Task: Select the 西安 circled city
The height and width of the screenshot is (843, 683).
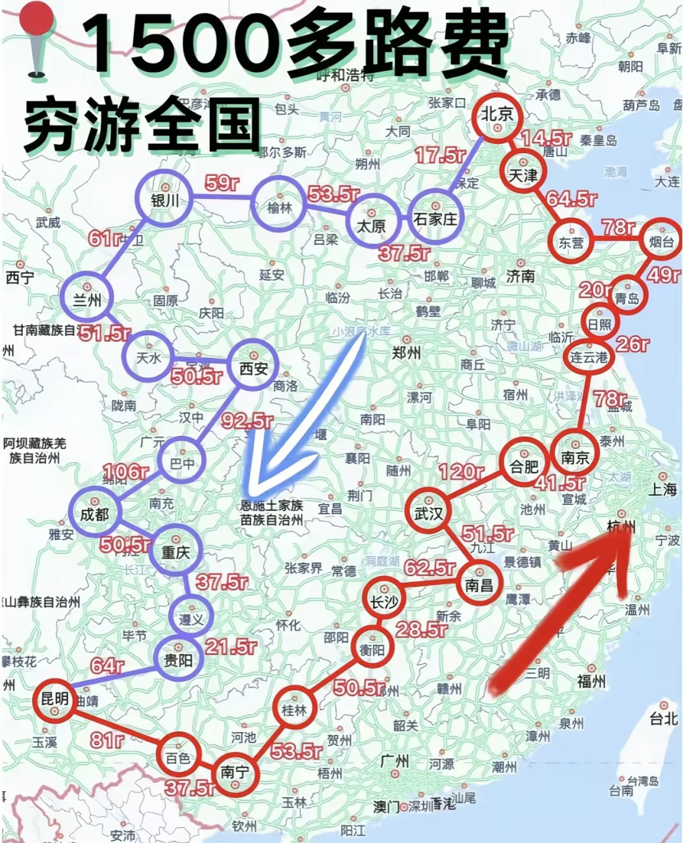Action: (x=254, y=367)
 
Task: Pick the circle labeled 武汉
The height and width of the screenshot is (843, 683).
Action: (x=429, y=513)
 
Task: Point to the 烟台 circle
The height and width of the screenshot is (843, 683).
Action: (x=661, y=241)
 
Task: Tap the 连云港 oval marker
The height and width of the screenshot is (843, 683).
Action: (x=588, y=357)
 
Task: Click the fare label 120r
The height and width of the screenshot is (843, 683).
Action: (x=462, y=472)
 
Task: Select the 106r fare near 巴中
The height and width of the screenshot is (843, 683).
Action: (x=125, y=472)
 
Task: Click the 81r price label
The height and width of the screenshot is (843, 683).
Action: (x=106, y=739)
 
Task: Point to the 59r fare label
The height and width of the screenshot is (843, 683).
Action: (x=222, y=183)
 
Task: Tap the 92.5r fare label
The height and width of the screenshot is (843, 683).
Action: (x=247, y=420)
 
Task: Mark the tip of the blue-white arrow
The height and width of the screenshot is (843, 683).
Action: (x=252, y=493)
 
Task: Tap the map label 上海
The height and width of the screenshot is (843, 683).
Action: (x=662, y=489)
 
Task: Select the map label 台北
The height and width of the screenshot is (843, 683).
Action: (x=663, y=718)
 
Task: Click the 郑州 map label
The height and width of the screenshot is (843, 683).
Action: (x=406, y=352)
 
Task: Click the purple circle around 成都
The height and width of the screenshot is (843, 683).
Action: (x=94, y=514)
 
